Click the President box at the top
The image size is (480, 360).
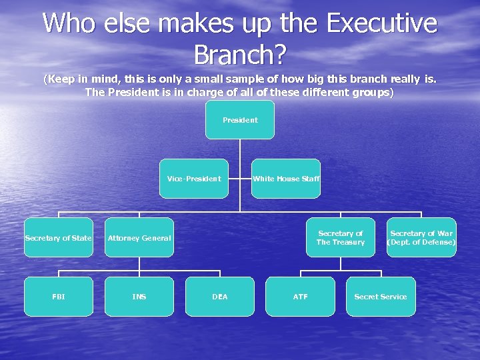click(240, 120)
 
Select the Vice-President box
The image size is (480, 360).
click(193, 179)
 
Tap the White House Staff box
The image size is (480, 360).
click(286, 179)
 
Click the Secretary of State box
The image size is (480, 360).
click(58, 237)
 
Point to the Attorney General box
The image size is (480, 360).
click(139, 237)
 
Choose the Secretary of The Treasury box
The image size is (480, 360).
click(340, 237)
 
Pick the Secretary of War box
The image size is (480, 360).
click(421, 237)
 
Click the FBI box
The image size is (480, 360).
click(58, 297)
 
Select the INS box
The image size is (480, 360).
click(139, 297)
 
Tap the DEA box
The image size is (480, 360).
click(219, 297)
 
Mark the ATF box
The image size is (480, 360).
click(300, 297)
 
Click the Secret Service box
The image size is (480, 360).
click(380, 297)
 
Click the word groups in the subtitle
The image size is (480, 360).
click(371, 92)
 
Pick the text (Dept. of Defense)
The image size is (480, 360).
click(421, 243)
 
